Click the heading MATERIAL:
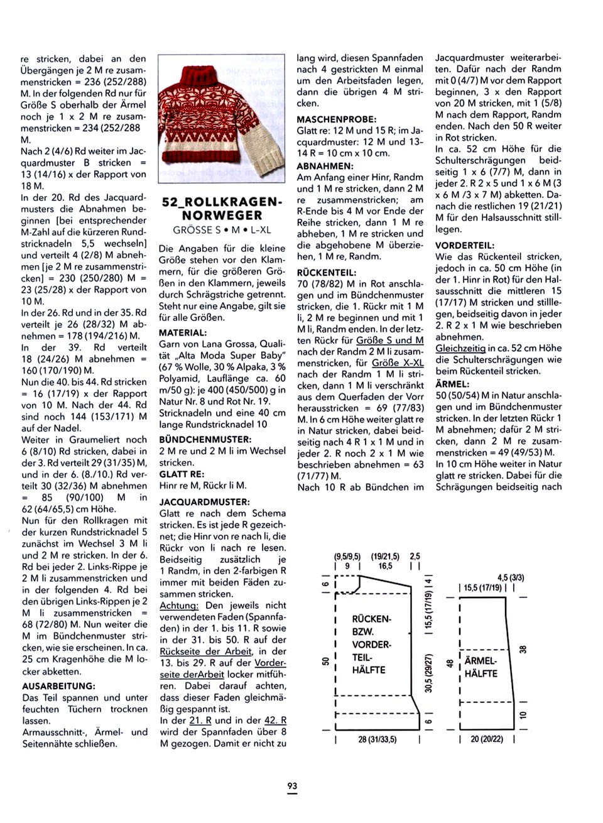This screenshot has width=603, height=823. [x=183, y=332]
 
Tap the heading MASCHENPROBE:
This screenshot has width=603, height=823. [x=336, y=119]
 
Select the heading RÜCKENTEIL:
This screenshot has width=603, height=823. [x=327, y=273]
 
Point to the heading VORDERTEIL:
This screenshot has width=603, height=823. [x=465, y=246]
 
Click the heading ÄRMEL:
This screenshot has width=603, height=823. [x=452, y=383]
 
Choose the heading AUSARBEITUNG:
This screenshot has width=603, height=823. [x=58, y=686]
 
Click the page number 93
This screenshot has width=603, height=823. [x=292, y=786]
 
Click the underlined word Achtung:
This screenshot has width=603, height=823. [x=180, y=605]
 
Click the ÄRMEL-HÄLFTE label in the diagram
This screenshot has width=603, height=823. [x=481, y=667]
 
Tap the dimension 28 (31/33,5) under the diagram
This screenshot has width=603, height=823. [x=377, y=739]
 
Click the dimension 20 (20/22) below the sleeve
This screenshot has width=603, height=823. [x=487, y=739]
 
